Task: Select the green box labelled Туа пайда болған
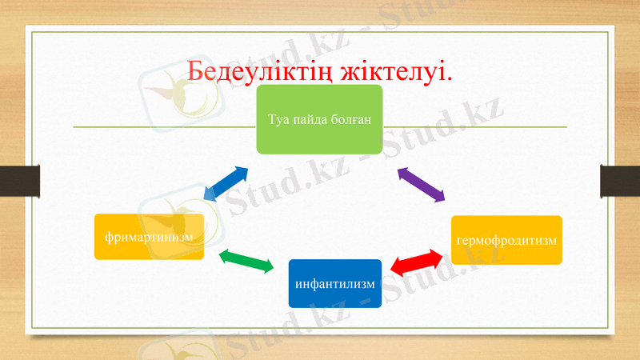[x=319, y=119]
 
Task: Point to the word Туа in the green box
[x=278, y=119]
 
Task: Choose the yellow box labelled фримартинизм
[x=149, y=237]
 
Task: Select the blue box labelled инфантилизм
[x=334, y=283]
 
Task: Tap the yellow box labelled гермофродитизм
[x=506, y=240]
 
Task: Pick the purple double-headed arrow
[x=421, y=184]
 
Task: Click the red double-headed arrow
[x=417, y=262]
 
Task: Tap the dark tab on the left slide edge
[x=20, y=180]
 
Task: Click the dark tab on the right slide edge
[x=620, y=180]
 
